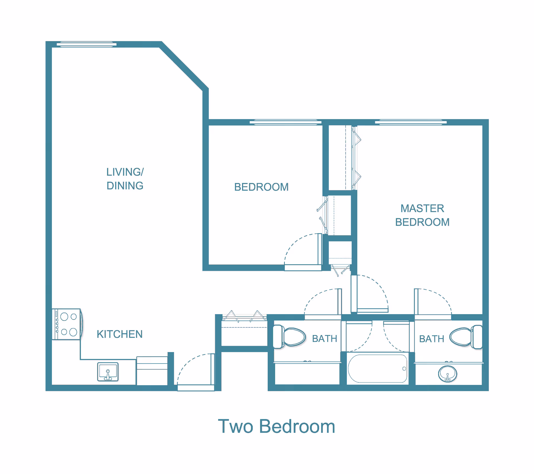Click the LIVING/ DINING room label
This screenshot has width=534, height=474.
coord(125,179)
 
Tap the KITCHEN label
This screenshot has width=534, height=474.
coord(120,334)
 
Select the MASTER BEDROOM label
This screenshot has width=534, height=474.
coord(422,215)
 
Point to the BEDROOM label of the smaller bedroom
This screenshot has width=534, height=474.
coord(261,187)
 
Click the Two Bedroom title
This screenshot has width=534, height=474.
coord(276,426)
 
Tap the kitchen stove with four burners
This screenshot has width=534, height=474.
coord(67,324)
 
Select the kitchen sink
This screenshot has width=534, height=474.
coord(108,372)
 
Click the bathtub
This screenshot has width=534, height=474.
coord(377,369)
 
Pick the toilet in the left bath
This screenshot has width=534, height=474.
coord(289,337)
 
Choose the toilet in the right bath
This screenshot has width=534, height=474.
coord(466,337)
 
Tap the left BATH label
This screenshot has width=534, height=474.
coord(325,339)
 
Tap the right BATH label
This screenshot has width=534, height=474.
coord(432,339)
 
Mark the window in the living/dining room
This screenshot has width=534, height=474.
coord(86,44)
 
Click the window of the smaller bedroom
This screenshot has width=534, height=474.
coord(286,122)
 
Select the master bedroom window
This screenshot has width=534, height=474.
coord(411,122)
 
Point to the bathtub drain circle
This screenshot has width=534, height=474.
coord(404,369)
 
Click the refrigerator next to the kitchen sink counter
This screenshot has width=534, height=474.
coord(152,371)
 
